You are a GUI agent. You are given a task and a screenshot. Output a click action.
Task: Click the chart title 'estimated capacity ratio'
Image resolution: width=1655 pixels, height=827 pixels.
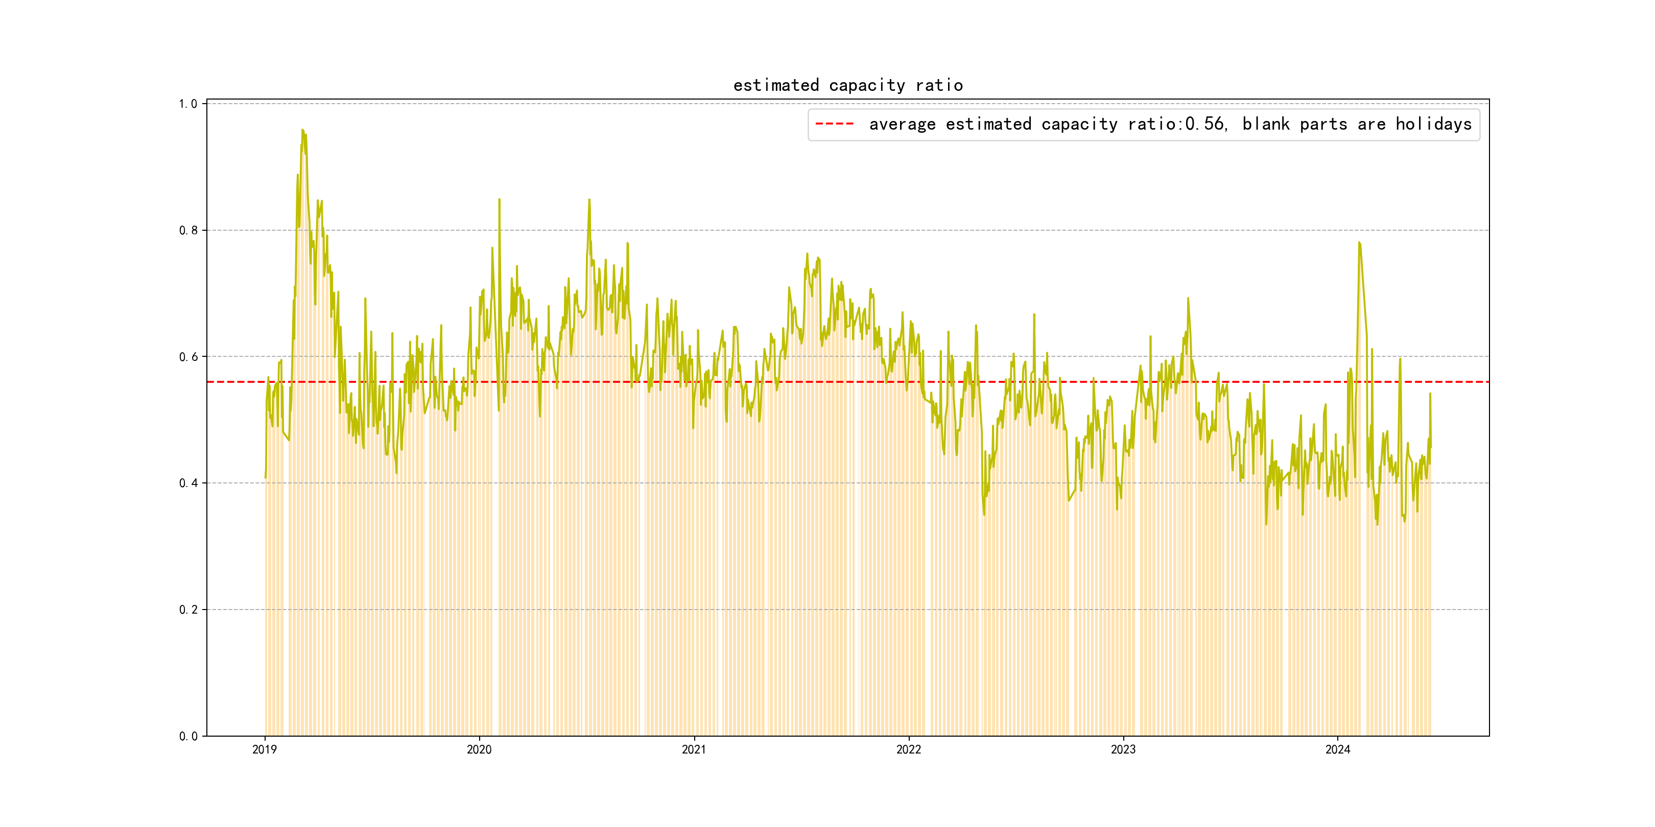click(847, 85)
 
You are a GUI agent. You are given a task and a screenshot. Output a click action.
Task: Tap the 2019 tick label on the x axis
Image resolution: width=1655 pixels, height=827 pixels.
click(264, 749)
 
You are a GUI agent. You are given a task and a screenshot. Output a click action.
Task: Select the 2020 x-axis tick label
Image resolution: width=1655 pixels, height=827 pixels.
click(479, 749)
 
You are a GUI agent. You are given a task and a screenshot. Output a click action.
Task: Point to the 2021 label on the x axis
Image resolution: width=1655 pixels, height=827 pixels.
click(693, 749)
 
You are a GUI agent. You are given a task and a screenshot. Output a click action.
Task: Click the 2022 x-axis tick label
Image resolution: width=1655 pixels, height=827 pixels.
click(908, 749)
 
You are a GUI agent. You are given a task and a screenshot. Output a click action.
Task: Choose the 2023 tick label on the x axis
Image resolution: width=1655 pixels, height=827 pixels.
click(1123, 749)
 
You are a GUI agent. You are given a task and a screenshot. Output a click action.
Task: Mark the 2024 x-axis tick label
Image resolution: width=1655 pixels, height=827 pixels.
click(1338, 749)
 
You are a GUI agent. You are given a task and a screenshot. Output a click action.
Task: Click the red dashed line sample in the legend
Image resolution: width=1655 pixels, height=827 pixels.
click(834, 124)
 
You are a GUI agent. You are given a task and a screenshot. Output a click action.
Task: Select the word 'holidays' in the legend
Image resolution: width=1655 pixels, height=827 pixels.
click(1433, 124)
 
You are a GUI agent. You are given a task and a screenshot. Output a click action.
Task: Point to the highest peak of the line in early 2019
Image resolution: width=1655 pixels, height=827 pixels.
click(302, 130)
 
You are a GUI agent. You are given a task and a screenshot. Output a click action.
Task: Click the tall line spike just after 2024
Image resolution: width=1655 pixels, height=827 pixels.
click(1359, 242)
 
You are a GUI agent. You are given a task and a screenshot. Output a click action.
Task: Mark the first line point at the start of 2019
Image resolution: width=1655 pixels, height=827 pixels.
click(265, 477)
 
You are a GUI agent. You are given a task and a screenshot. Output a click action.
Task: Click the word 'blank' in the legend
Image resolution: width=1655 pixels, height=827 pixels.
click(1265, 124)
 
